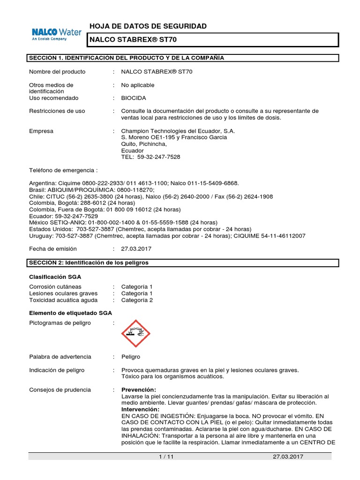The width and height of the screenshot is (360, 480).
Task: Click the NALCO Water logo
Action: (x=56, y=34)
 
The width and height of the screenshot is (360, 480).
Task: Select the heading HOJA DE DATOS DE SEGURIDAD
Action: (x=148, y=26)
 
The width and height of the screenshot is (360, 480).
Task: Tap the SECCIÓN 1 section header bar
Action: (x=183, y=58)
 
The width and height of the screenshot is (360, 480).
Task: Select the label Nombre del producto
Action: (x=57, y=72)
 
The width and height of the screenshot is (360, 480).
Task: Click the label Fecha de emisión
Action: (x=52, y=248)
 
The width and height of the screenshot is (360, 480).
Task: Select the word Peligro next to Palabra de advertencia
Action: (x=130, y=357)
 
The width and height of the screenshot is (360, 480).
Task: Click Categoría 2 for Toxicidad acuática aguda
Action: (x=137, y=300)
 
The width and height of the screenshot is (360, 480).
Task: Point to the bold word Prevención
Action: (x=139, y=390)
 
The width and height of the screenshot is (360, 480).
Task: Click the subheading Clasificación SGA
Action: (x=55, y=277)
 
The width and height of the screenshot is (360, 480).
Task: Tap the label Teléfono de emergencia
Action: (x=63, y=170)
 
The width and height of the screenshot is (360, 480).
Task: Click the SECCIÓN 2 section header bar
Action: (x=183, y=263)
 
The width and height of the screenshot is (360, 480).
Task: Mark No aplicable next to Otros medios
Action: (x=137, y=85)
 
